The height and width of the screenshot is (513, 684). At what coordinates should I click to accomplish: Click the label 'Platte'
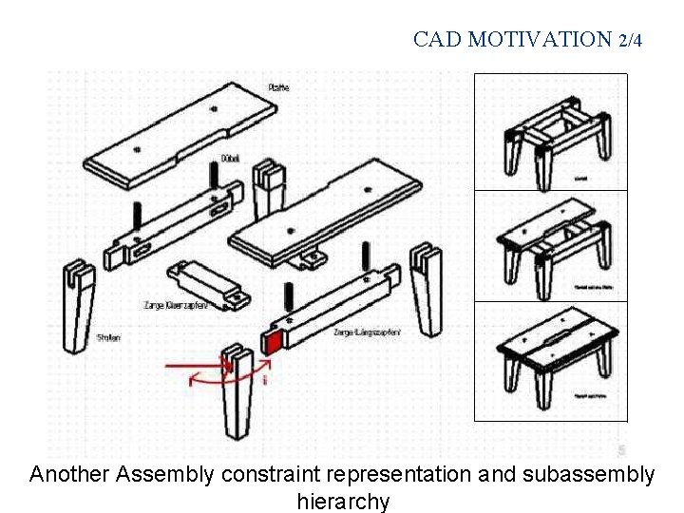click(x=278, y=87)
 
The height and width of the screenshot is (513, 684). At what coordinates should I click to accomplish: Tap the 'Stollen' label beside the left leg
click(x=108, y=337)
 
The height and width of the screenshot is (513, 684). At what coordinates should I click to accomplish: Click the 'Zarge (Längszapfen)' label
click(x=367, y=332)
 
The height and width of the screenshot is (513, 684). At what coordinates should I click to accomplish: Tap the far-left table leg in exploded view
click(x=76, y=304)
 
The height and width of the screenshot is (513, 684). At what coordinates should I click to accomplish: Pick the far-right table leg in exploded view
click(x=426, y=290)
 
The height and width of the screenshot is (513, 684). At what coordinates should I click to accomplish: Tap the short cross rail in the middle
click(x=207, y=285)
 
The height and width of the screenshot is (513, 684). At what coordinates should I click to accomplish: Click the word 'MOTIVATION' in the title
click(x=540, y=40)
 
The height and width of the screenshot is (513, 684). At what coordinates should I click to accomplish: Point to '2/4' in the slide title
click(x=630, y=40)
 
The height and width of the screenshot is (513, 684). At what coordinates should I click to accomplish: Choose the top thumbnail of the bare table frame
click(x=551, y=133)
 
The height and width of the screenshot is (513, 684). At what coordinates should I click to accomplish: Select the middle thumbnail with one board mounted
click(x=551, y=247)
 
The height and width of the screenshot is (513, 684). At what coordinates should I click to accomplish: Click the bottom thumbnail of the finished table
click(x=551, y=361)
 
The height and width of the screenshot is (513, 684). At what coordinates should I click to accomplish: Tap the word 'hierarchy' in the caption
click(x=343, y=501)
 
